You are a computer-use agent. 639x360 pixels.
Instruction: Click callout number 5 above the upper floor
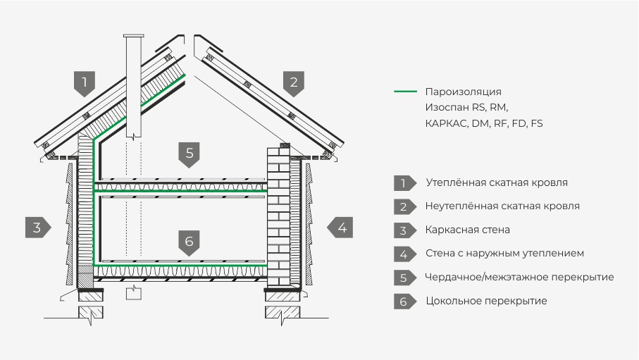tap(189, 154)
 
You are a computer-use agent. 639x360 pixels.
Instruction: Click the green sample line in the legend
tap(406, 92)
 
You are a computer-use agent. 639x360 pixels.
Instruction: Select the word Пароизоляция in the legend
tap(463, 92)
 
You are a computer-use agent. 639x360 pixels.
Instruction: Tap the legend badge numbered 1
tap(404, 183)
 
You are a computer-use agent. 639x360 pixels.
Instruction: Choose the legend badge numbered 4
tap(404, 254)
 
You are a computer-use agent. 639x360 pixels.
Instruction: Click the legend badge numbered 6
tap(404, 302)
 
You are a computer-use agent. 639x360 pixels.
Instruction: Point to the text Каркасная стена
tap(467, 230)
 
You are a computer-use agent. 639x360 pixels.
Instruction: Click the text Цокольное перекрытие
tap(486, 301)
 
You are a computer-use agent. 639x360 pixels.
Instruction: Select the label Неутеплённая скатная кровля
tap(502, 206)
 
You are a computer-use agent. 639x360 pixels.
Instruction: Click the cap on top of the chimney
tap(133, 37)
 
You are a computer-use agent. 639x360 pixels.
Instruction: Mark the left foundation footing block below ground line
tap(90, 312)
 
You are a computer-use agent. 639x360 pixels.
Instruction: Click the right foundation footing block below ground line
tap(282, 312)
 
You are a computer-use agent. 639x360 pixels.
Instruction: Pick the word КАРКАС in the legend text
tap(446, 123)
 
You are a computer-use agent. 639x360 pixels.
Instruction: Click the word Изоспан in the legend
tap(447, 107)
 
